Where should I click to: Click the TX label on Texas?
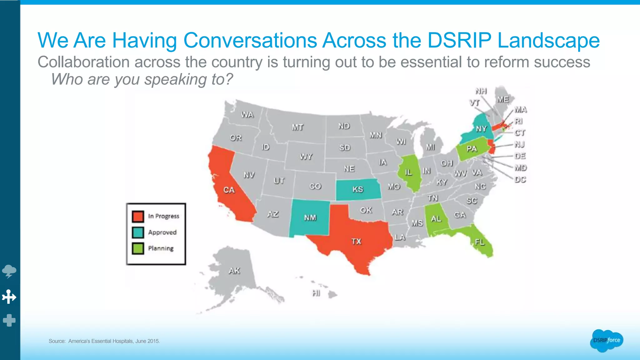356,241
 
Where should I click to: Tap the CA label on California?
229,190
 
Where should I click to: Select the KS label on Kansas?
358,189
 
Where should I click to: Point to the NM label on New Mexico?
310,217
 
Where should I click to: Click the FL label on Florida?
480,242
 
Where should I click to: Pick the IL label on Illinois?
408,172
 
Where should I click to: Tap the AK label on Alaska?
234,271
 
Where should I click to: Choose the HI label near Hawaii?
316,293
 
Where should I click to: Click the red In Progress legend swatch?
138,216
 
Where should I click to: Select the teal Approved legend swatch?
138,232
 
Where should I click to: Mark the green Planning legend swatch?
138,248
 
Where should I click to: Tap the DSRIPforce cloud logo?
607,340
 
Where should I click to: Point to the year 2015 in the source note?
153,341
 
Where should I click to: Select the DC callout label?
520,179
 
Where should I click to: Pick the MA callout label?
521,110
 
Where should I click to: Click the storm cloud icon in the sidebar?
9,271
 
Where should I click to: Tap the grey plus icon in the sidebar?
9,320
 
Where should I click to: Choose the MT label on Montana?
297,127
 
